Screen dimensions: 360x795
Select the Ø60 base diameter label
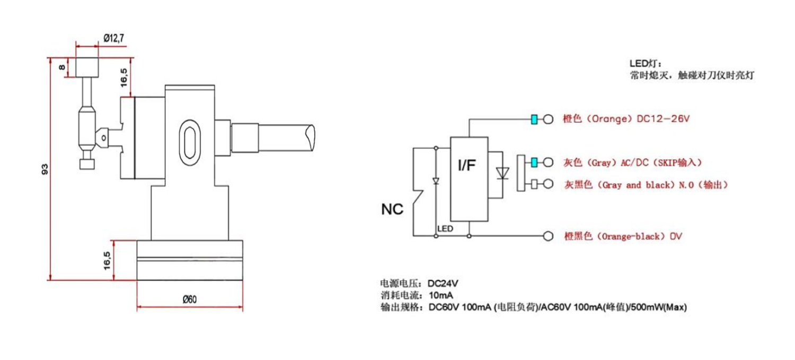click(x=189, y=299)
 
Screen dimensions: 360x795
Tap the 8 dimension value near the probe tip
click(x=62, y=67)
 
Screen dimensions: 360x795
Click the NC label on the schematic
click(x=393, y=209)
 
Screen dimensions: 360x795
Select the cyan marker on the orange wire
click(x=535, y=119)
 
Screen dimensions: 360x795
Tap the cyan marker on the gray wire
click(x=535, y=162)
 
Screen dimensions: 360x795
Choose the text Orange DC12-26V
click(x=625, y=119)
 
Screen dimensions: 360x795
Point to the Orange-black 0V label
click(x=622, y=236)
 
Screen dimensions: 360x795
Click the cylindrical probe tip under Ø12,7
click(x=87, y=67)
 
